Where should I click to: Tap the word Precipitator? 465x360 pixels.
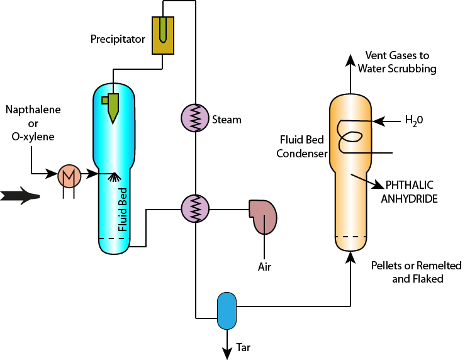118,40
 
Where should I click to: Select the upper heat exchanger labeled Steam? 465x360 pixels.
195,117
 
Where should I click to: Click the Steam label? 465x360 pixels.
227,120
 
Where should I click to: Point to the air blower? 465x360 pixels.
263,214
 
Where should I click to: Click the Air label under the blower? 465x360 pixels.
264,267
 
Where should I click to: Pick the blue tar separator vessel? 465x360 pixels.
226,310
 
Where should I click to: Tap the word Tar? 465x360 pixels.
244,347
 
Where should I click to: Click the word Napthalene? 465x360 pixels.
33,110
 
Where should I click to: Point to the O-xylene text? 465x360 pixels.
33,137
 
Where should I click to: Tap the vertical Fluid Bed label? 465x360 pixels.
123,209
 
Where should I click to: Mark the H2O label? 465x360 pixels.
413,120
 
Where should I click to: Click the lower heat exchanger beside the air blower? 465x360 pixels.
195,207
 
